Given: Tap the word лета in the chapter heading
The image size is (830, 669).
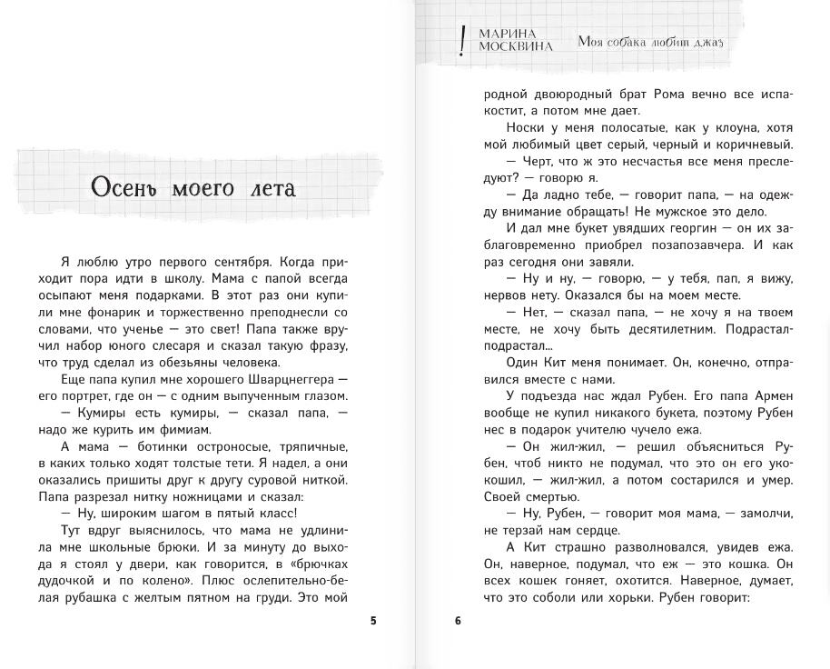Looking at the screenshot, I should click(270, 188).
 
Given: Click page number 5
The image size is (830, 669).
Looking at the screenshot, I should click(373, 621).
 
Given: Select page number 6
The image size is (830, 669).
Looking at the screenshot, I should click(458, 621).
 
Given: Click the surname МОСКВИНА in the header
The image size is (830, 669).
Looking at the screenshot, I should click(517, 46).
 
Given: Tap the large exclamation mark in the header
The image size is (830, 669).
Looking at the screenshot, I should click(463, 41).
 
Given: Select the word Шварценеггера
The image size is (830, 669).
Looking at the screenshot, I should click(279, 379).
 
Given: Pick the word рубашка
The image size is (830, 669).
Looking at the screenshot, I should click(87, 597).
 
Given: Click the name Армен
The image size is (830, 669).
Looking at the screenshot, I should click(774, 395).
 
